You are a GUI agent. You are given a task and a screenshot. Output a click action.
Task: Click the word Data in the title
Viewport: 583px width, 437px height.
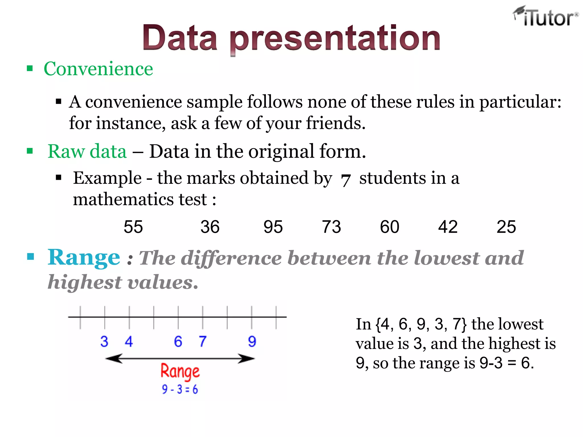coord(180,38)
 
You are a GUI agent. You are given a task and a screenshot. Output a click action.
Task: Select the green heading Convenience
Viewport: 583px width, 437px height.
coord(98,69)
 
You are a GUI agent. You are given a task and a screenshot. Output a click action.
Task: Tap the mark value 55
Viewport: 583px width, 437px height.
coord(133,227)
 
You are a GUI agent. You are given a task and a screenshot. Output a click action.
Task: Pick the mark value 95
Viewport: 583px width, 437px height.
coord(273,227)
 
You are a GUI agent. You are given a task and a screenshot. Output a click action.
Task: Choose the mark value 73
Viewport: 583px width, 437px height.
coord(331,227)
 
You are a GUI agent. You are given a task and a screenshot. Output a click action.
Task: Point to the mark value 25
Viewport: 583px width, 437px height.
coord(506,227)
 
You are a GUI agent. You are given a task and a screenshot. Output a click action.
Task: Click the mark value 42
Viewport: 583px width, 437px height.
coord(448,227)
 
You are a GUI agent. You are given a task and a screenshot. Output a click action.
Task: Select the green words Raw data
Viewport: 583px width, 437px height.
coord(87,151)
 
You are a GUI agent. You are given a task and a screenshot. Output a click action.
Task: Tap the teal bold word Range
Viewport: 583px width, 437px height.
coord(84,257)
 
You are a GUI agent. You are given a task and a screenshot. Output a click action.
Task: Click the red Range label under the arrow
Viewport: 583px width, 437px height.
coord(180,372)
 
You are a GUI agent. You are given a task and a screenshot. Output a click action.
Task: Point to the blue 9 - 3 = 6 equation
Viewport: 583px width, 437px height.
coord(180,389)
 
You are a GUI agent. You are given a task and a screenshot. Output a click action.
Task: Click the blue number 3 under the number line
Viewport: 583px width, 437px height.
coord(104,341)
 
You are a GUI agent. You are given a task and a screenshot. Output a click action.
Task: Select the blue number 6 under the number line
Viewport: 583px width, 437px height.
coord(178,341)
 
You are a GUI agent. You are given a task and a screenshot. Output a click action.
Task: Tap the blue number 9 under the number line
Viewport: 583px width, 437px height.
coord(252,341)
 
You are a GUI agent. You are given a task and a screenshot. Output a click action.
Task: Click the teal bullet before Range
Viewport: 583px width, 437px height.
coord(30,257)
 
